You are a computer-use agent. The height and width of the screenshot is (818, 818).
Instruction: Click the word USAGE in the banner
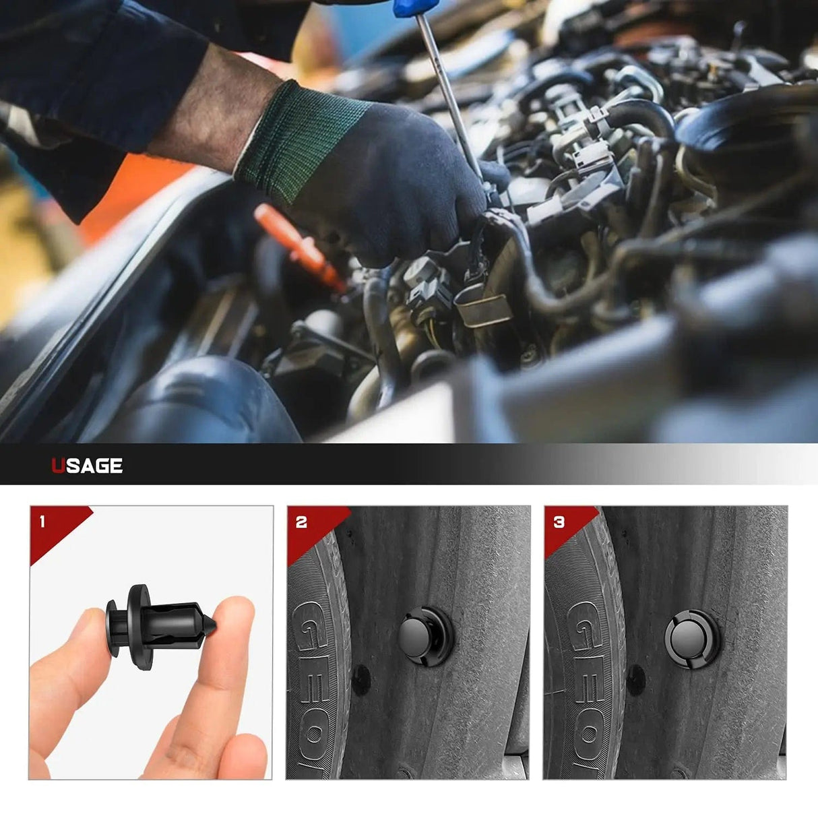tap(87, 466)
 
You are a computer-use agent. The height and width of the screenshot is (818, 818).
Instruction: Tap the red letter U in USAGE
tap(58, 466)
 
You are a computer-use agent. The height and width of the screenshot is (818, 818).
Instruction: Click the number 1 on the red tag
tap(42, 522)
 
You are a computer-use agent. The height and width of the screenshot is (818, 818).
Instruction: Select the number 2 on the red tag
tap(301, 522)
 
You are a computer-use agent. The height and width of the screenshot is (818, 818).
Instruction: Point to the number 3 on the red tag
tap(559, 522)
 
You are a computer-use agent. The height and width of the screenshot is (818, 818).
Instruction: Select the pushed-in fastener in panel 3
tap(690, 637)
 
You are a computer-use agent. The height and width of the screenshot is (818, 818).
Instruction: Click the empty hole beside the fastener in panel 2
tap(360, 681)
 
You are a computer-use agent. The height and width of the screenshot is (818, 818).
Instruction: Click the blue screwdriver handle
tap(407, 8)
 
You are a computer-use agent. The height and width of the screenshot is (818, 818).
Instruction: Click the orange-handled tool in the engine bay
tap(296, 246)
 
